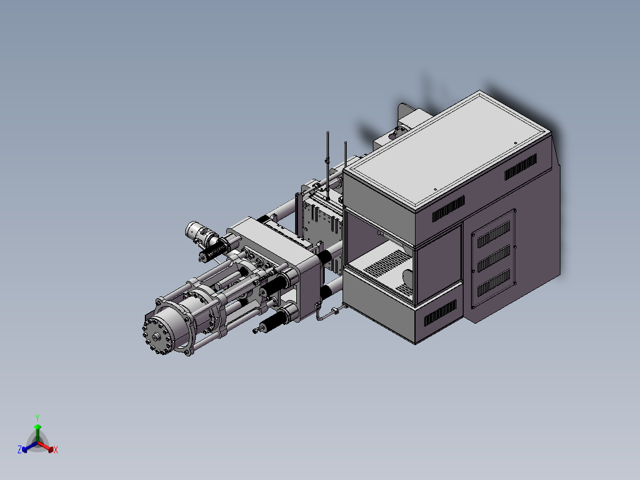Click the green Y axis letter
click(x=37, y=418)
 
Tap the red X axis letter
click(x=56, y=450)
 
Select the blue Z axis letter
click(x=20, y=449)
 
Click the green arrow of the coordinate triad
click(x=37, y=433)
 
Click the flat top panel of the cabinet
click(x=448, y=150)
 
